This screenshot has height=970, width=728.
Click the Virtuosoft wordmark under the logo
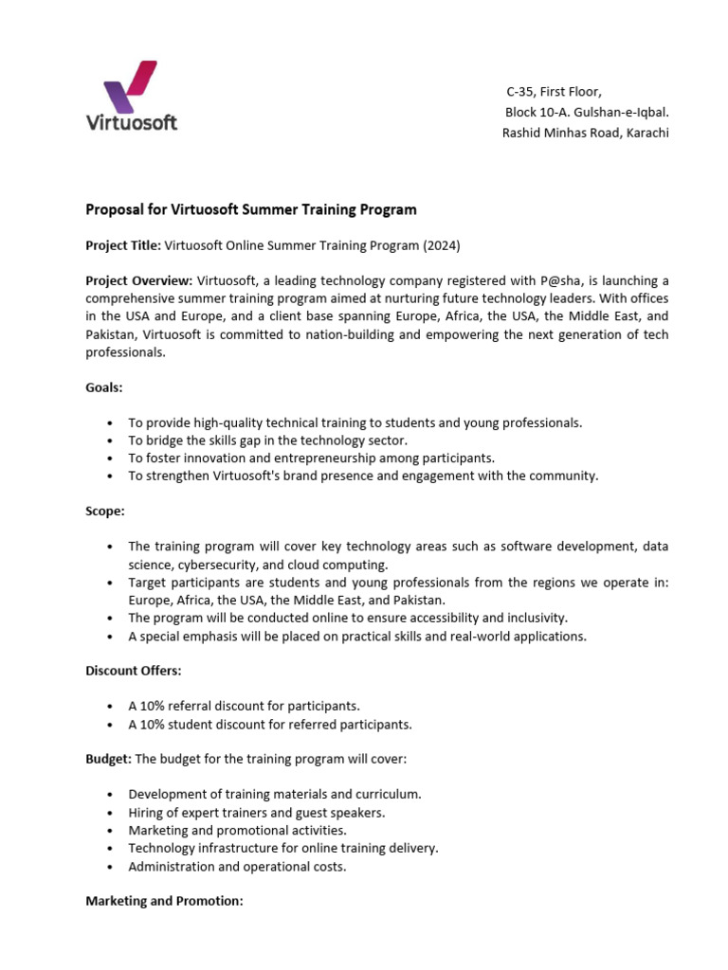pyautogui.click(x=131, y=121)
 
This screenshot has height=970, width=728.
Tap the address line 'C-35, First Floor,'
pyautogui.click(x=554, y=91)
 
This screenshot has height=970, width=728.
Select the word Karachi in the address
pyautogui.click(x=645, y=133)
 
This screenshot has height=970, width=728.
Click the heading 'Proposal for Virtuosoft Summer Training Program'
pyautogui.click(x=251, y=209)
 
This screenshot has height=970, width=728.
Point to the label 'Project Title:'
pyautogui.click(x=123, y=245)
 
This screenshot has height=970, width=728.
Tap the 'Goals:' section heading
pyautogui.click(x=104, y=387)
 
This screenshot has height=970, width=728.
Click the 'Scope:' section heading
pyautogui.click(x=105, y=511)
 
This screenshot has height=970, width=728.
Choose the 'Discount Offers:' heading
pyautogui.click(x=134, y=670)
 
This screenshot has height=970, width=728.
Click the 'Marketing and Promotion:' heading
pyautogui.click(x=165, y=901)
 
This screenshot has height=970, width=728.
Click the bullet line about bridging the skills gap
pyautogui.click(x=267, y=440)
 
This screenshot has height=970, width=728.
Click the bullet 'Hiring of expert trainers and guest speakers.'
pyautogui.click(x=256, y=813)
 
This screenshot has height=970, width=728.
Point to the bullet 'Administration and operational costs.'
pyautogui.click(x=237, y=867)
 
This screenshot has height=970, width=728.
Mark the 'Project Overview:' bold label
pyautogui.click(x=139, y=281)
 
